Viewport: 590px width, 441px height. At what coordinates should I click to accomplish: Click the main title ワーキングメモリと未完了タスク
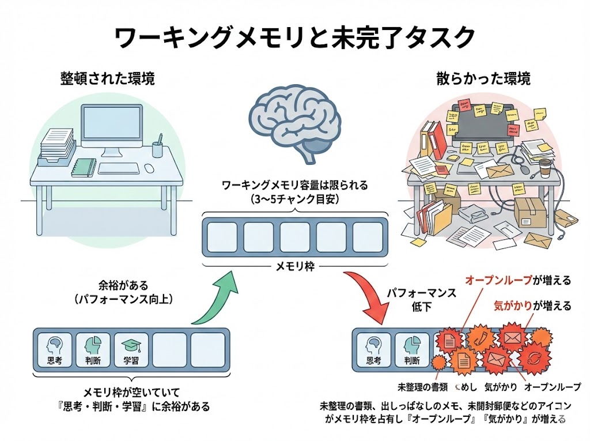click(295, 38)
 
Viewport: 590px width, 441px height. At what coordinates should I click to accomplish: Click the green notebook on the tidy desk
click(84, 167)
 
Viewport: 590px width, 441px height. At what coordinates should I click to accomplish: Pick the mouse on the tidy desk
click(149, 168)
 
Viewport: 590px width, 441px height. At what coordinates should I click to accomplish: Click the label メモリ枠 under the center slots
click(294, 266)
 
